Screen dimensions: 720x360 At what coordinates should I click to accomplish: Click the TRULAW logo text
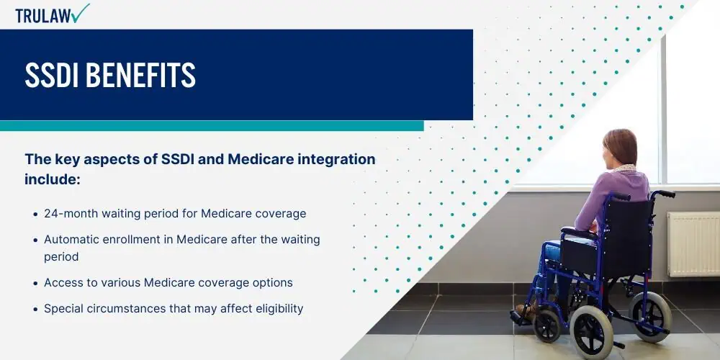pyautogui.click(x=44, y=16)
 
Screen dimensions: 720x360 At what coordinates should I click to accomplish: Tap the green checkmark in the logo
pyautogui.click(x=81, y=13)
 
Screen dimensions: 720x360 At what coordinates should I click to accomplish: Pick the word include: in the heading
pyautogui.click(x=53, y=179)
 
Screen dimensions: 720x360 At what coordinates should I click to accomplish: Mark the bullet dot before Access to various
pyautogui.click(x=36, y=284)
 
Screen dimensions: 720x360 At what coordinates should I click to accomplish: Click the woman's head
pyautogui.click(x=621, y=148)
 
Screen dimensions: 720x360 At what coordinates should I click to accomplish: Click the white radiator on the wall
pyautogui.click(x=694, y=244)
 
